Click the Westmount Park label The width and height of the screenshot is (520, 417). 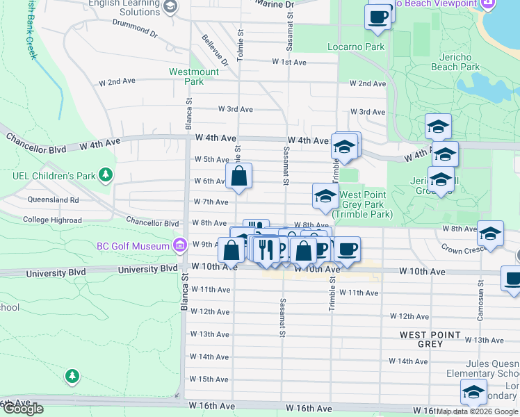pyautogui.click(x=194, y=76)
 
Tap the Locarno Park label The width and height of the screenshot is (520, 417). pyautogui.click(x=356, y=47)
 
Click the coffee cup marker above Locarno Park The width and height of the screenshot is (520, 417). pyautogui.click(x=377, y=17)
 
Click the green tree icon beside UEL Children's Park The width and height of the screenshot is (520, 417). pyautogui.click(x=106, y=174)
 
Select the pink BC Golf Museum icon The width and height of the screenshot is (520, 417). pyautogui.click(x=179, y=245)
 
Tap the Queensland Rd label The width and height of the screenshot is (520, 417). pyautogui.click(x=54, y=199)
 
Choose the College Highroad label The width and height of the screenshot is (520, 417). pyautogui.click(x=52, y=220)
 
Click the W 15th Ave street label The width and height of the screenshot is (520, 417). pyautogui.click(x=209, y=379)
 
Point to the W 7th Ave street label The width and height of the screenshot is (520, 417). pyautogui.click(x=211, y=202)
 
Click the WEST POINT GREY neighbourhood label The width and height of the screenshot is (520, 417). pyautogui.click(x=430, y=339)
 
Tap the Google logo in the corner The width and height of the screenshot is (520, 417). pyautogui.click(x=23, y=409)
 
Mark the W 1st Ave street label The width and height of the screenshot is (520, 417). pyautogui.click(x=289, y=62)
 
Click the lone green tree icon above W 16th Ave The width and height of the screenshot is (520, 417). pyautogui.click(x=72, y=376)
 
